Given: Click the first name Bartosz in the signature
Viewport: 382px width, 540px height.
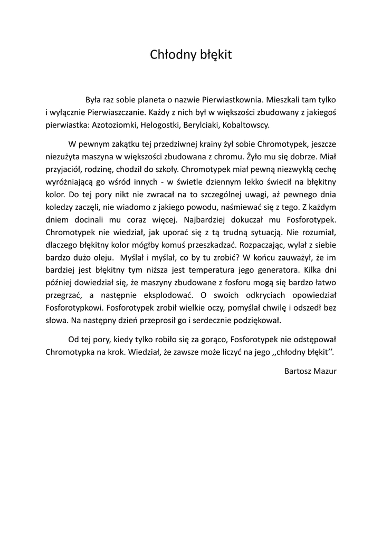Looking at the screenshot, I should [299, 371].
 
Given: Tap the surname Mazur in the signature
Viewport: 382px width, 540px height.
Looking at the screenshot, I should [327, 371].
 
